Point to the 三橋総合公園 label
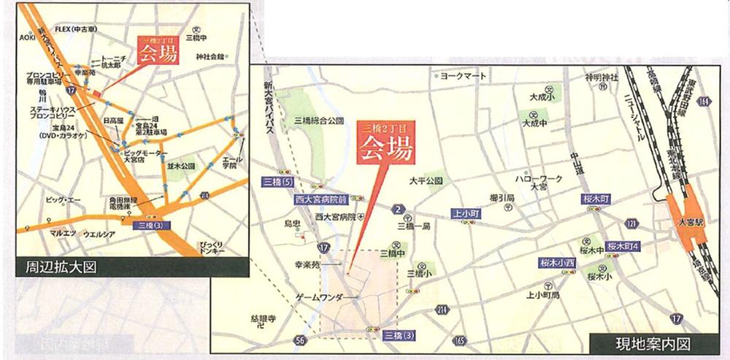tap(318, 120)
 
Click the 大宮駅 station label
tap(687, 223)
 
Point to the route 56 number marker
tap(300, 338)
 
